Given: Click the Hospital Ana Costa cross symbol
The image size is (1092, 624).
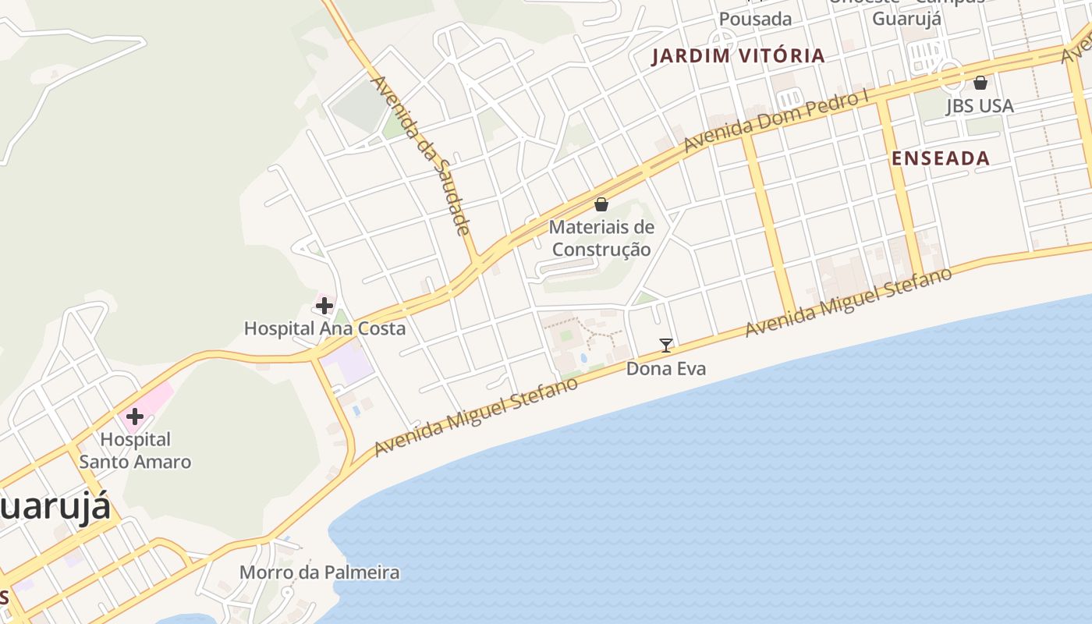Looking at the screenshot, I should (x=324, y=306).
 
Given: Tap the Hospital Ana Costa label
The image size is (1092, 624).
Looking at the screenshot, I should (x=324, y=328).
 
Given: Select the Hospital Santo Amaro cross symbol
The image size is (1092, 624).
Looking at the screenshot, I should (x=135, y=416).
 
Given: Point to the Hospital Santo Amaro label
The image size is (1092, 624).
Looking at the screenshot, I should (x=135, y=450).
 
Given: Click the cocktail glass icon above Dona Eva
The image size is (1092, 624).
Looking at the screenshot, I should (x=666, y=345).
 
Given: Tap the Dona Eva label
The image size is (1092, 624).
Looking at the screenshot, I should (x=666, y=368).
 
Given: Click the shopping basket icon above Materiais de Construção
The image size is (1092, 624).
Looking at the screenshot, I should (x=601, y=204).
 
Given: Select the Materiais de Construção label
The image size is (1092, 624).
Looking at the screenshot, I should (x=601, y=238).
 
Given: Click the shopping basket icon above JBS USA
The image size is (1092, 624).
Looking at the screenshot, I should (x=980, y=82).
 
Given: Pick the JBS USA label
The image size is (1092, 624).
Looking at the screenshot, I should (x=980, y=105).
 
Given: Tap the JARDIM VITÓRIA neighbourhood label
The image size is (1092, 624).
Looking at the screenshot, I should (x=738, y=55).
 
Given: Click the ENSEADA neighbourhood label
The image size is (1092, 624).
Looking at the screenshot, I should (x=941, y=158).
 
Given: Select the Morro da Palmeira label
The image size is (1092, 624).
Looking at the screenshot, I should (x=319, y=573).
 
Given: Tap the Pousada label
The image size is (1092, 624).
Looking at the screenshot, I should (x=755, y=19).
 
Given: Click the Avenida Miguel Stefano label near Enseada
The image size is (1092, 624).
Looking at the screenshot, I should (x=849, y=302).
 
